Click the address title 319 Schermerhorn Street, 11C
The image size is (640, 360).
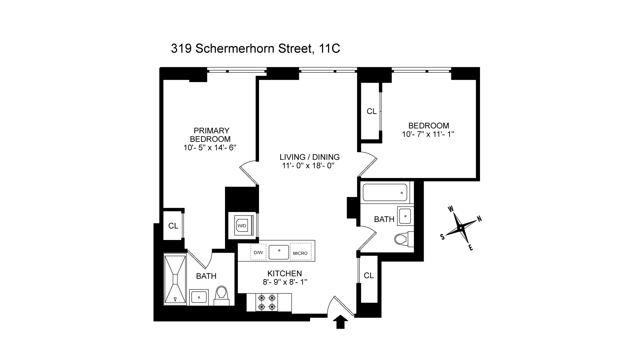[255, 49]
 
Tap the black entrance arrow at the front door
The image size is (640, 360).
[340, 322]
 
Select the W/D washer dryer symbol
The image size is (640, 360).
[242, 226]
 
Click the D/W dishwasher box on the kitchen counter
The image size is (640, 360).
[258, 252]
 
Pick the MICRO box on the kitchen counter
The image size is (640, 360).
[300, 253]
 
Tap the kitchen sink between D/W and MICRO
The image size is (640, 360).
[279, 252]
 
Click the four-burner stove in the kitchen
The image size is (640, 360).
[267, 302]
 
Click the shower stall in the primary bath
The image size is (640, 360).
[174, 279]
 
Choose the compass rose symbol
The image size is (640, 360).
[461, 228]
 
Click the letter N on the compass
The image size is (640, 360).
[479, 219]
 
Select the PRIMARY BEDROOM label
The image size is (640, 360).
[211, 135]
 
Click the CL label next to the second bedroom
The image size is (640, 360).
[371, 111]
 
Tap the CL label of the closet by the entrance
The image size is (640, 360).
[369, 275]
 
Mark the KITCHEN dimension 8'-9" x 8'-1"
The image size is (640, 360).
[284, 282]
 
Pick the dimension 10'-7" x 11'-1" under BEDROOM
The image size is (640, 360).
[428, 134]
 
